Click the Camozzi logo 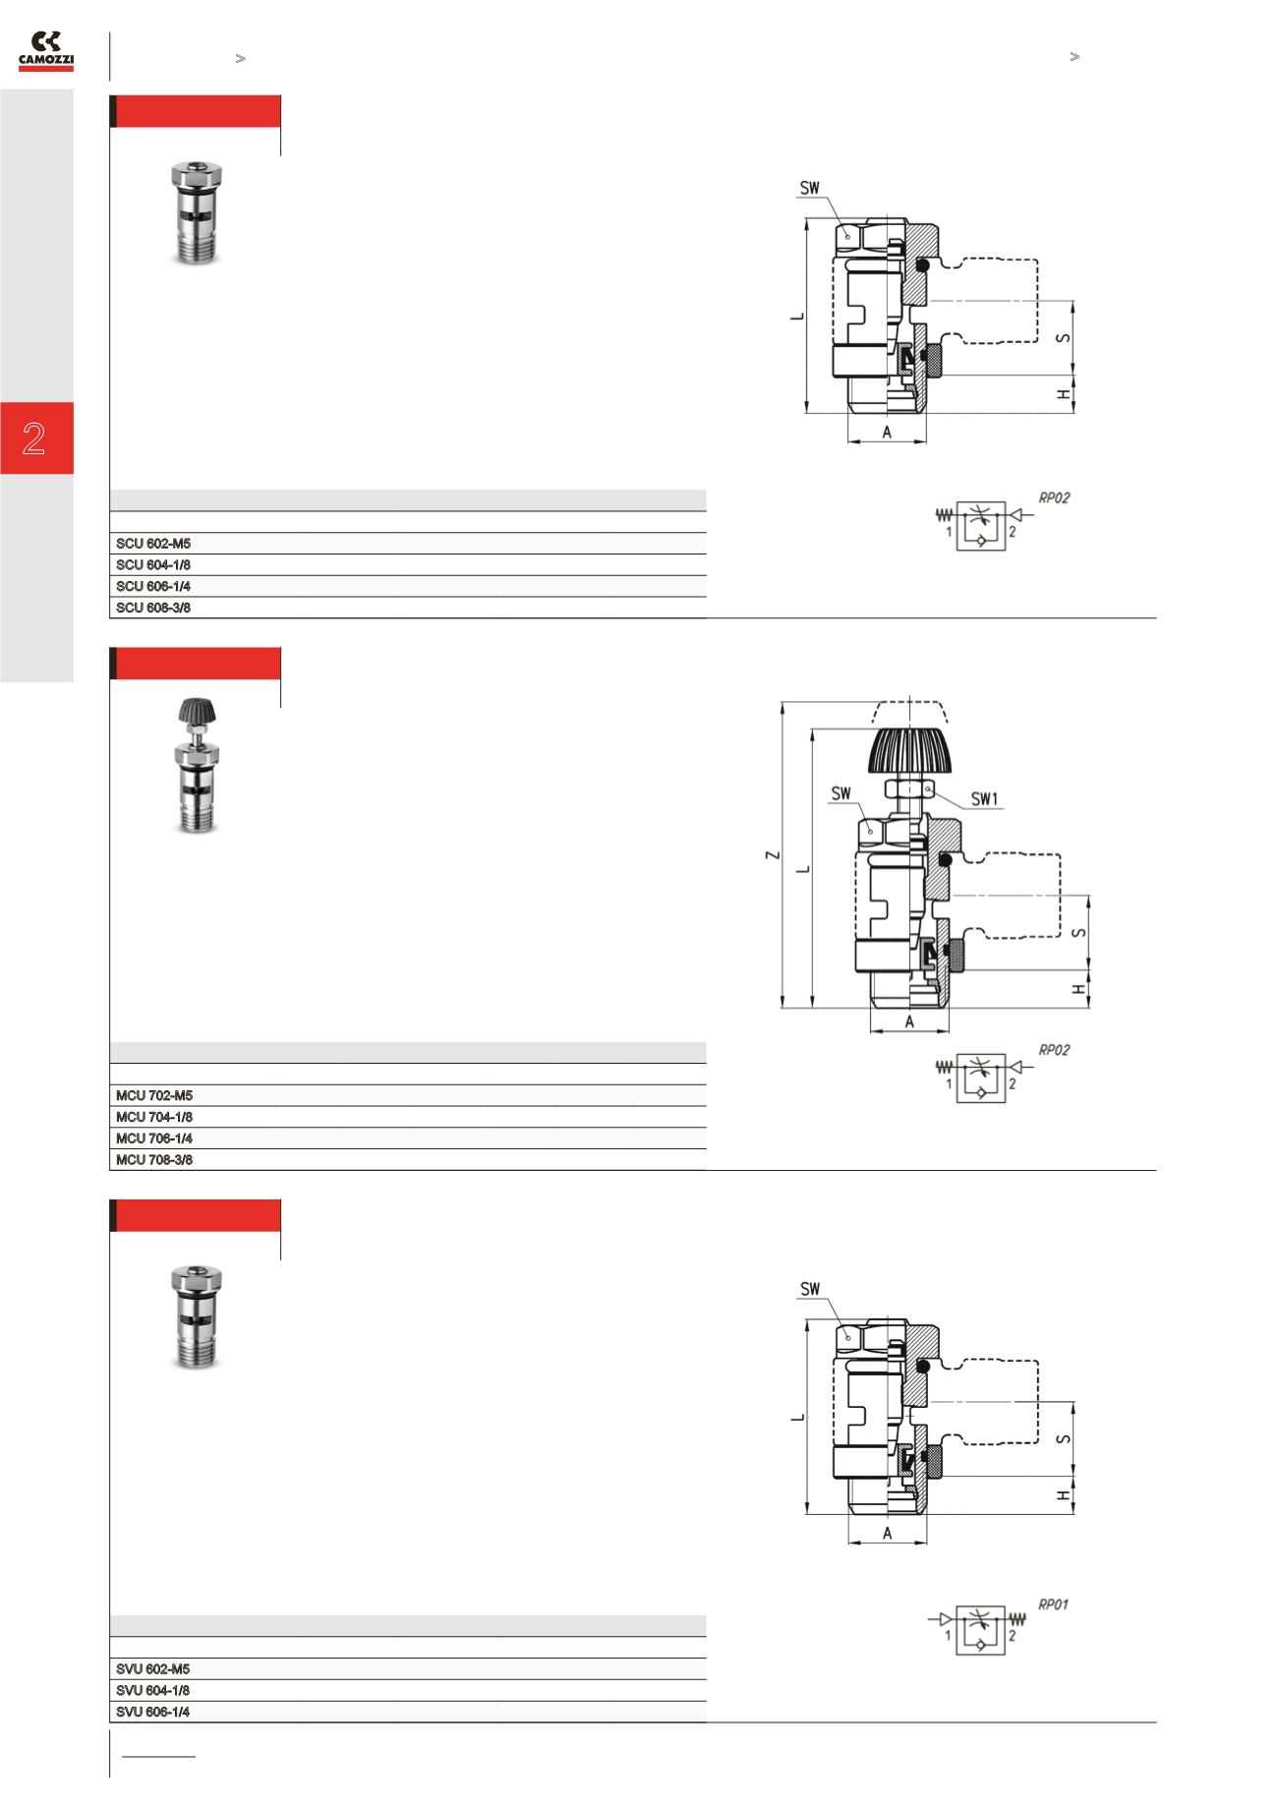(46, 51)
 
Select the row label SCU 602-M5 (153, 544)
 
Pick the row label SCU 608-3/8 (153, 608)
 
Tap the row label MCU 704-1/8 (154, 1117)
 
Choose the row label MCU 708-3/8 (154, 1160)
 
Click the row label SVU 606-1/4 (153, 1712)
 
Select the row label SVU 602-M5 (153, 1669)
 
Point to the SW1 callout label (984, 799)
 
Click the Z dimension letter (775, 854)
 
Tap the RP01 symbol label (1054, 1605)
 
